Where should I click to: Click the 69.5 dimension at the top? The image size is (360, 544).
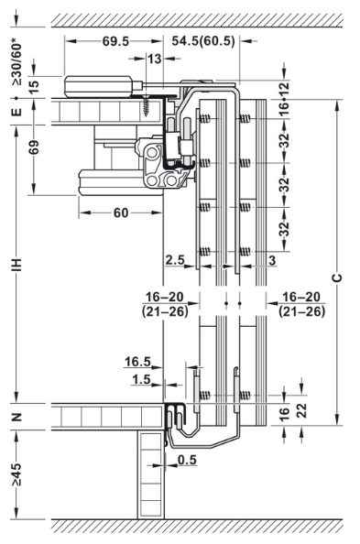point(115,41)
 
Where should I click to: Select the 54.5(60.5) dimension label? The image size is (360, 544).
point(203,41)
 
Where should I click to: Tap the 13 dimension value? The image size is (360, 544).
point(154,59)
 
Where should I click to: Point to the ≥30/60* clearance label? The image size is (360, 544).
point(16,64)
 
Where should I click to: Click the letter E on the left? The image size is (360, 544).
point(16,112)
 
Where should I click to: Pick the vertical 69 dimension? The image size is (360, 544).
point(34,147)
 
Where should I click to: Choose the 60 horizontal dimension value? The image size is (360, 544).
point(121,212)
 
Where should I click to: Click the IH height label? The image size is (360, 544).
point(16,265)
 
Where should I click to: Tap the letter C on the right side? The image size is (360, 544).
point(337,277)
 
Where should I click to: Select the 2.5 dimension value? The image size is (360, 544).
point(175,260)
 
